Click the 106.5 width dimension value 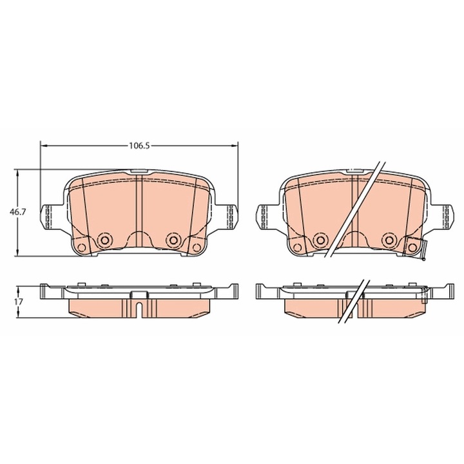coord(139,146)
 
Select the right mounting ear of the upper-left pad coord(227,217)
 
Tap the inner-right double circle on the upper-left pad coord(172,240)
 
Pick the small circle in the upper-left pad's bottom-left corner coord(81,248)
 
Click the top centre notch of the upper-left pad coord(139,171)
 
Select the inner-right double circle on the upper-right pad coord(389,240)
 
